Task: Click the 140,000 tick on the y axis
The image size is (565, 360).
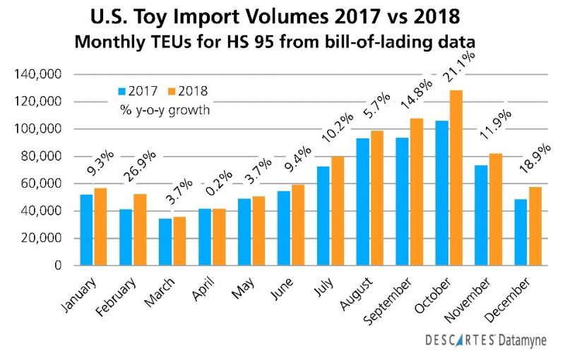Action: (40, 74)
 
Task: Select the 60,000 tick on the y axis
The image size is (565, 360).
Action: (43, 184)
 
